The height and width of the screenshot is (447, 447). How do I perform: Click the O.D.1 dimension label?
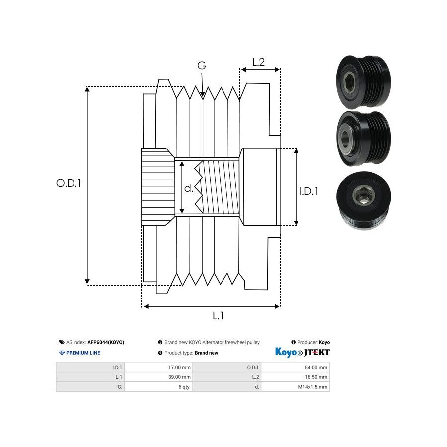[69, 183]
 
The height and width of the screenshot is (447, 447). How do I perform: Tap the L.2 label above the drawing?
[258, 62]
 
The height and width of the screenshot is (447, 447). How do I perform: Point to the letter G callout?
[201, 66]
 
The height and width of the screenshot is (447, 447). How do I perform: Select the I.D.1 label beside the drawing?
[309, 191]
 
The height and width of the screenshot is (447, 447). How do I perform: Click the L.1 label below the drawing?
[218, 315]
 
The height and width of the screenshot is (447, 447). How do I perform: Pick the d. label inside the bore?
[189, 188]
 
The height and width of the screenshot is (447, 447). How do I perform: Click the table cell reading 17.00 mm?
[181, 368]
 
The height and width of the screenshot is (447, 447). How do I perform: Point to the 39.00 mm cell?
[181, 377]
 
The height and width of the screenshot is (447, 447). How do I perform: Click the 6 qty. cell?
[185, 387]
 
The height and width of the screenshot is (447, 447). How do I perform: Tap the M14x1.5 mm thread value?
[313, 387]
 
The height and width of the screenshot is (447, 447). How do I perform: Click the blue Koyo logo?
[286, 352]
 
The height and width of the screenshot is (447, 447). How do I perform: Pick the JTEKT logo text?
[316, 352]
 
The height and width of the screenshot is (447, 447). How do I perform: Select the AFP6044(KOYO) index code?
[106, 342]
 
